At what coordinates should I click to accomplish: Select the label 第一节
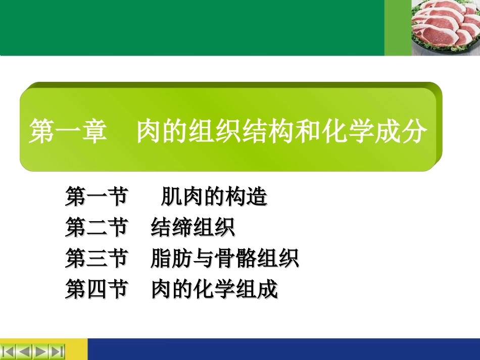coord(96,197)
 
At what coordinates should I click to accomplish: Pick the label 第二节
coord(96,228)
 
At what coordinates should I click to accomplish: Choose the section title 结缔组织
coord(193,228)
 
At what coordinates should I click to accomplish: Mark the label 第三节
coord(96,259)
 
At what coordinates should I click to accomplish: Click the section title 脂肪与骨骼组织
coord(225,259)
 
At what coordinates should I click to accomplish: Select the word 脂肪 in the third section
coord(171,259)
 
